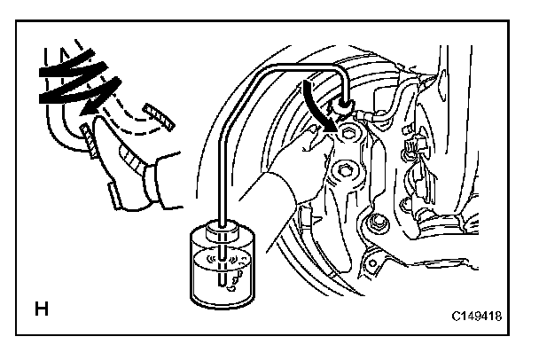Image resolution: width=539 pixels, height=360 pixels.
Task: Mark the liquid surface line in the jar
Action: tap(221, 258)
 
